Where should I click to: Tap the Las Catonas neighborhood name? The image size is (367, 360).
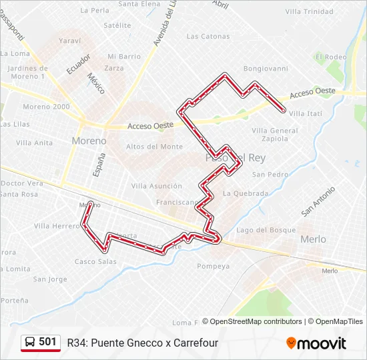click(208, 37)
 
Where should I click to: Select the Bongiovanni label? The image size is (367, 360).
click(266, 68)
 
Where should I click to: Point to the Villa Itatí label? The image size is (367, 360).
click(306, 114)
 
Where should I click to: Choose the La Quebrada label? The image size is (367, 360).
click(246, 194)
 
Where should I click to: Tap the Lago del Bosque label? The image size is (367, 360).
click(266, 230)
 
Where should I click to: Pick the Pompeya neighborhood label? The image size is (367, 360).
click(214, 266)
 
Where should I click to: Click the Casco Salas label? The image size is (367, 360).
click(95, 261)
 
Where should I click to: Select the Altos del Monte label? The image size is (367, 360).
click(154, 147)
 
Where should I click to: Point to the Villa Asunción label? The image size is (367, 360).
click(157, 186)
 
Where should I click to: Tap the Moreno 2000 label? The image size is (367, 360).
click(46, 107)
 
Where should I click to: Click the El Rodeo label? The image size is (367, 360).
click(332, 57)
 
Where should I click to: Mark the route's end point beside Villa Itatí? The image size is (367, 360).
click(284, 110)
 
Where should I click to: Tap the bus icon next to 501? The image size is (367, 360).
click(30, 343)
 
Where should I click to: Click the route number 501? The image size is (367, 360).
click(48, 342)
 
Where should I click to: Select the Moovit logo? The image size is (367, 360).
click(316, 343)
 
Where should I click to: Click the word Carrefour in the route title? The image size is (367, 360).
click(191, 343)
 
